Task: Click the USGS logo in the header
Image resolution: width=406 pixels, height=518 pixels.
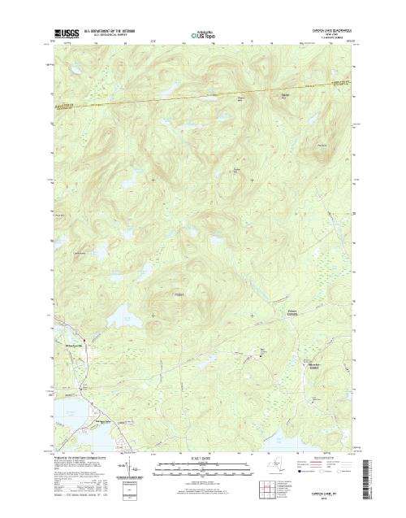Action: click(x=63, y=33)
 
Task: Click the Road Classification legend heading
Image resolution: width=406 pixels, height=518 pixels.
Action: click(x=329, y=459)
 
